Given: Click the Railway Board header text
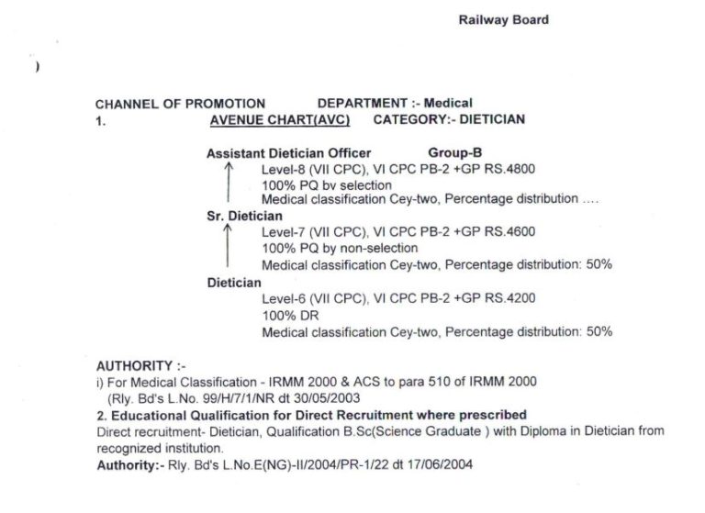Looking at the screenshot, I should [503, 20].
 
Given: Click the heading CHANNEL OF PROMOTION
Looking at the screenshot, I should [180, 104].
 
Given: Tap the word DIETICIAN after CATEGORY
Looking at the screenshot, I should [492, 119].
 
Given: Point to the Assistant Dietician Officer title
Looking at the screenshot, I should [289, 152].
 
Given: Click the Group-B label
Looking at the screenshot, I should [455, 152].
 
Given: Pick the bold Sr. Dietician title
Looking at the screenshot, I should [244, 217].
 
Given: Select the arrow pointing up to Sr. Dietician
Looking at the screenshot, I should [228, 246].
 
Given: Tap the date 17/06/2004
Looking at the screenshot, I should [443, 465].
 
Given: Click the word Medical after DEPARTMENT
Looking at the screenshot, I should [449, 104].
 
